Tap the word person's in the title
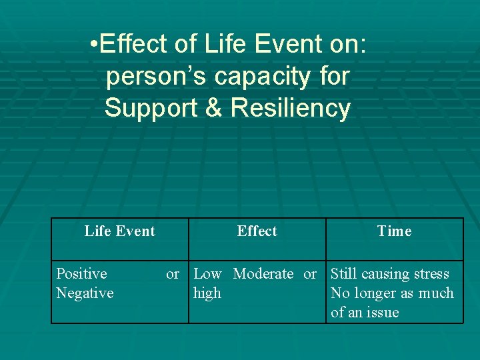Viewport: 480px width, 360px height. point(150,77)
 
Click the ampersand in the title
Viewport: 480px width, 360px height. point(213,107)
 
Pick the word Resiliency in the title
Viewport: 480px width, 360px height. point(291,107)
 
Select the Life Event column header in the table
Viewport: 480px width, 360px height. point(119,231)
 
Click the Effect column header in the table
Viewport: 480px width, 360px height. point(257,231)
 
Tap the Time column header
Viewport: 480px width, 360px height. point(394,231)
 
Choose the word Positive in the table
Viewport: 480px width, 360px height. point(81,274)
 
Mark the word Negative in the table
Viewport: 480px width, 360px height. point(85,293)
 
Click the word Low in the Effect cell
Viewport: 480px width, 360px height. point(207,274)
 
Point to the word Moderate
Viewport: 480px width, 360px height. point(263,274)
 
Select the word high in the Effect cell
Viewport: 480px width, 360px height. point(207,293)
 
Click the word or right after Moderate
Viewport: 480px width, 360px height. point(310,274)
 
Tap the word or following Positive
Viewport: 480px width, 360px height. point(173,274)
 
